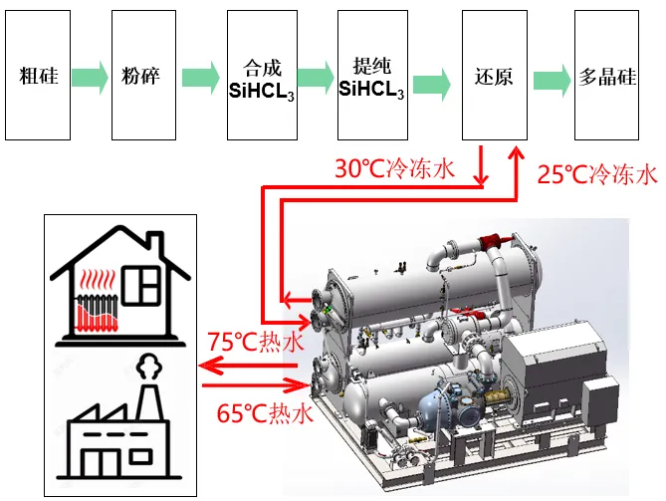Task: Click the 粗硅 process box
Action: pyautogui.click(x=38, y=76)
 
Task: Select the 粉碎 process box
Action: pyautogui.click(x=143, y=76)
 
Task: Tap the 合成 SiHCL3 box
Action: pyautogui.click(x=262, y=76)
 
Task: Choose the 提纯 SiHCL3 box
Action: pyautogui.click(x=372, y=76)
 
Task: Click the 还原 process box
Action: pyautogui.click(x=495, y=76)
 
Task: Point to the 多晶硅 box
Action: pyautogui.click(x=606, y=76)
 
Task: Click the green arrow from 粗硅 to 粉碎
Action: pyautogui.click(x=90, y=78)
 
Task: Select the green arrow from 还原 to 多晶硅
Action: pyautogui.click(x=552, y=81)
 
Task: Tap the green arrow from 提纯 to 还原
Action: pyautogui.click(x=431, y=84)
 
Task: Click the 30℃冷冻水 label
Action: pyautogui.click(x=395, y=168)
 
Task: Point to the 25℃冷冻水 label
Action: pyautogui.click(x=597, y=174)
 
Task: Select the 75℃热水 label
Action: pyautogui.click(x=256, y=342)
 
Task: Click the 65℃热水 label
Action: pyautogui.click(x=265, y=412)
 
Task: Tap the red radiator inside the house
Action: pyautogui.click(x=97, y=313)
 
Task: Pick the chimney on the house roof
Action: pyautogui.click(x=154, y=244)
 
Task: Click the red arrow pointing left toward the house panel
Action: pyautogui.click(x=249, y=366)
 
